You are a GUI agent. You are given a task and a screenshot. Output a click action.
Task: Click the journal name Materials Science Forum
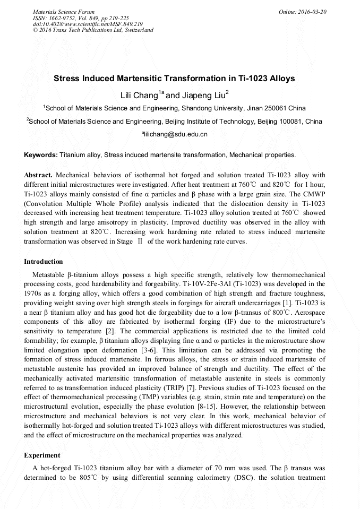pyautogui.click(x=64, y=12)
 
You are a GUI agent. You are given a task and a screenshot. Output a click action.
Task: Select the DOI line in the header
pyautogui.click(x=88, y=24)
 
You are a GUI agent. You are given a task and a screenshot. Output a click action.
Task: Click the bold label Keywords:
pyautogui.click(x=41, y=155)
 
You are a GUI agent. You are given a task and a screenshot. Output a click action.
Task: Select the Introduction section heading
pyautogui.click(x=44, y=262)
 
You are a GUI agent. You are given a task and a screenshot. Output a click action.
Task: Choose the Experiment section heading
pyautogui.click(x=42, y=455)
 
